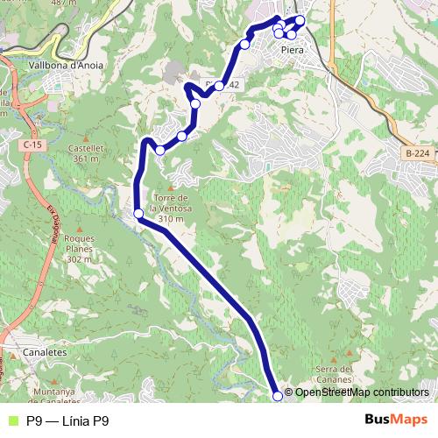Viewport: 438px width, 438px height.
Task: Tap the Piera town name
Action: click(292, 50)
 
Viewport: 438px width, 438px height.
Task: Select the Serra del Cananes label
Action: click(333, 374)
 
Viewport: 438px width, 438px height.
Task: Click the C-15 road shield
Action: click(33, 144)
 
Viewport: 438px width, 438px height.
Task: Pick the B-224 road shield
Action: click(417, 153)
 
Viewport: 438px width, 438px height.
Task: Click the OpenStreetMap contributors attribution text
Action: click(362, 392)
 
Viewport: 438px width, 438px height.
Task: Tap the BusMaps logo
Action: click(396, 420)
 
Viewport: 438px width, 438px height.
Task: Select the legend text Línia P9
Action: click(67, 420)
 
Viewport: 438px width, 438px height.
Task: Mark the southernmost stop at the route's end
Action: click(279, 396)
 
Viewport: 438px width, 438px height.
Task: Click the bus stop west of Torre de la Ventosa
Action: click(138, 213)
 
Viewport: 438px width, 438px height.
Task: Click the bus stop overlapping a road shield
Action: click(219, 86)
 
